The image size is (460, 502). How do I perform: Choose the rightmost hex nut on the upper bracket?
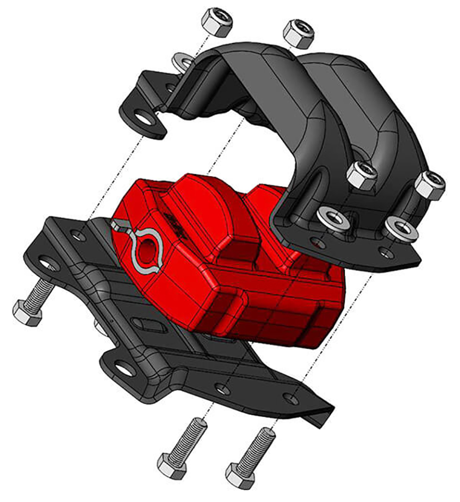click(x=429, y=184)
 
